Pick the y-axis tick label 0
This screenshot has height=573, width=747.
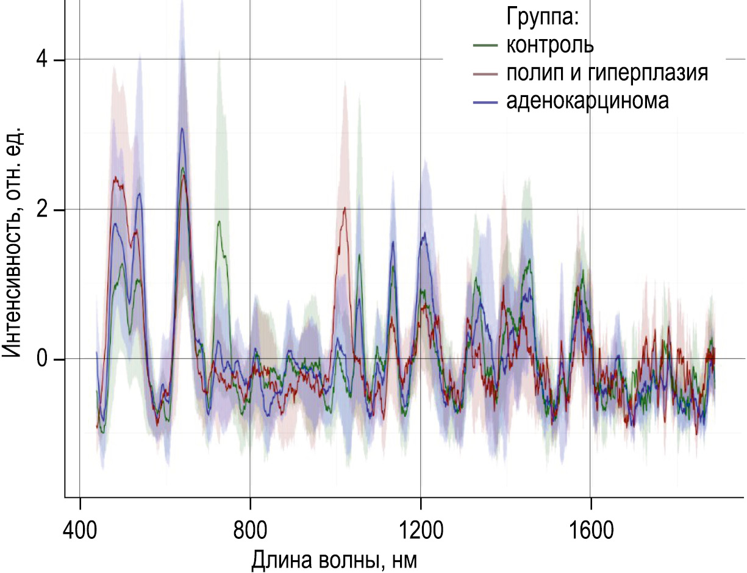tap(41, 359)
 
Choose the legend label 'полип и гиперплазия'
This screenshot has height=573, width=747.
tap(607, 73)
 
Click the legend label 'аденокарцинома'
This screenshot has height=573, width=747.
tap(587, 101)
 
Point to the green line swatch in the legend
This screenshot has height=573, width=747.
tap(485, 45)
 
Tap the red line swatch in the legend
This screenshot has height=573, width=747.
tap(485, 73)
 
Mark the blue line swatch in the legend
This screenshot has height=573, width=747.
tap(485, 101)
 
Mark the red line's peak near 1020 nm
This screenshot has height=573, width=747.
tap(345, 208)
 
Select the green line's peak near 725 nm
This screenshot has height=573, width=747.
tap(218, 222)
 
